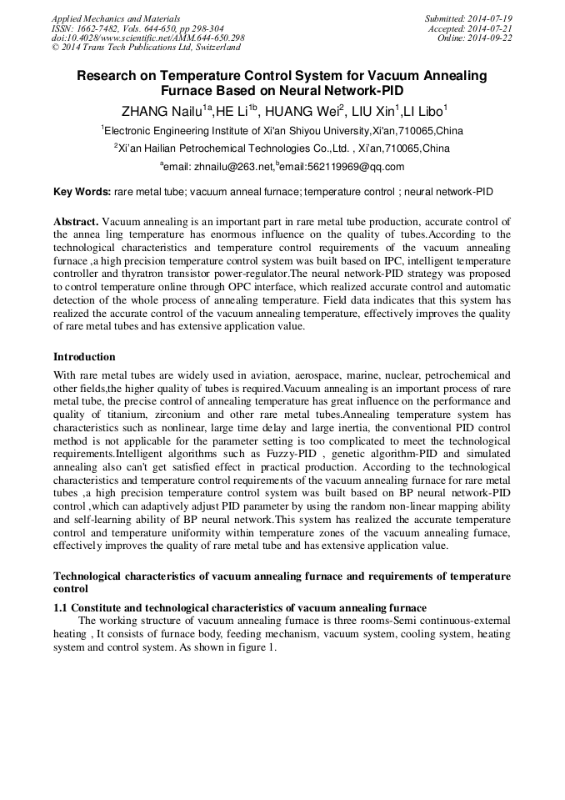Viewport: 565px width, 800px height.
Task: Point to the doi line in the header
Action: click(x=147, y=38)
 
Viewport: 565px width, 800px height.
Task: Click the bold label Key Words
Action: click(x=82, y=192)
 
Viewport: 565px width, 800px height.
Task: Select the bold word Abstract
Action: click(x=76, y=222)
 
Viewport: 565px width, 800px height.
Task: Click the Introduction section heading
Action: click(x=84, y=357)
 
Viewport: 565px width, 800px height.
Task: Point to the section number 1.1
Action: click(x=61, y=607)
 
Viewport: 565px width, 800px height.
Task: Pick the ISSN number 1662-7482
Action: click(x=97, y=28)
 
